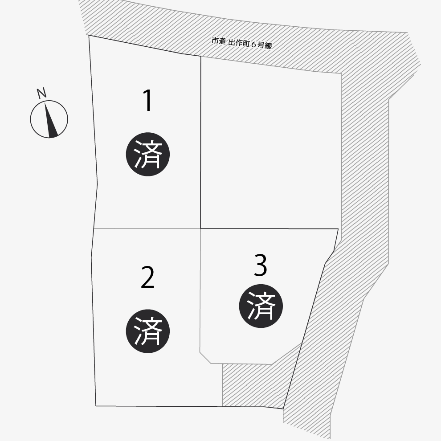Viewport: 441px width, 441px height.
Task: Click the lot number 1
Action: tap(147, 100)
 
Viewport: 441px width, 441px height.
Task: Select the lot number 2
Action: tap(147, 278)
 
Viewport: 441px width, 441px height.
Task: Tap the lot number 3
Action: tap(260, 265)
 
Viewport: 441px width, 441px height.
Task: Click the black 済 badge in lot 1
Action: tap(147, 155)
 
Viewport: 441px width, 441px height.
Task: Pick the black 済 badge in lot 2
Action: tap(147, 331)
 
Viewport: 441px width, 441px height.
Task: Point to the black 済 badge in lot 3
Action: tap(261, 306)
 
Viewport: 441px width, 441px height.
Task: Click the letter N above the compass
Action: tap(41, 93)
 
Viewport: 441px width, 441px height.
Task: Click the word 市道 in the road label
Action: tap(219, 41)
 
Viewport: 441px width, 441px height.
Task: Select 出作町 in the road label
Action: tap(239, 43)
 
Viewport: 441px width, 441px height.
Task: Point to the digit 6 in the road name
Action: tap(253, 45)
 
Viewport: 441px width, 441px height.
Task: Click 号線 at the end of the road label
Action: tap(265, 45)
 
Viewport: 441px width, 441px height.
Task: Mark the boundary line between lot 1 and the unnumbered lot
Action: tap(200, 142)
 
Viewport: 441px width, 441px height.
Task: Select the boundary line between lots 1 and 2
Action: tap(147, 229)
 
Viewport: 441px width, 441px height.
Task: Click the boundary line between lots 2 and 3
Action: tap(200, 290)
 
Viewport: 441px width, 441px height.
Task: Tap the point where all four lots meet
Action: tap(200, 229)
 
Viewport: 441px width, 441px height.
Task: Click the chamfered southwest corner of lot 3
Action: tap(205, 357)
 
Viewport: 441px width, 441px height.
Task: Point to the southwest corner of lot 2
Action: tap(96, 406)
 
